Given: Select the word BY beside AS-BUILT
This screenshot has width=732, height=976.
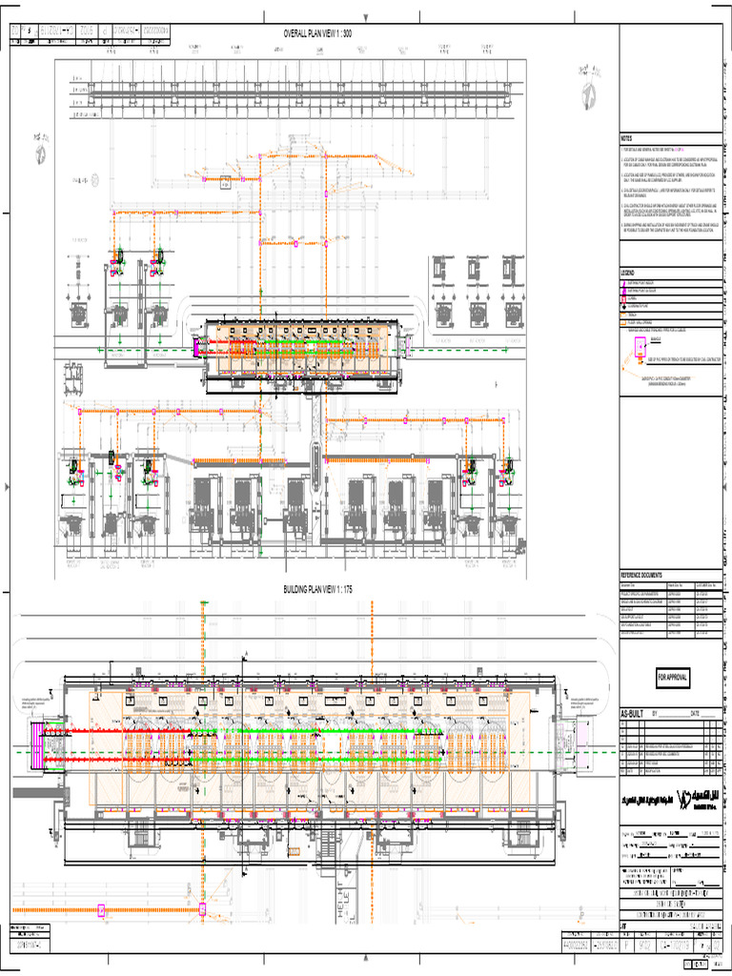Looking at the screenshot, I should click(x=656, y=713).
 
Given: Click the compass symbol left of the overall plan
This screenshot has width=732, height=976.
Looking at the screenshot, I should click(x=42, y=146).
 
